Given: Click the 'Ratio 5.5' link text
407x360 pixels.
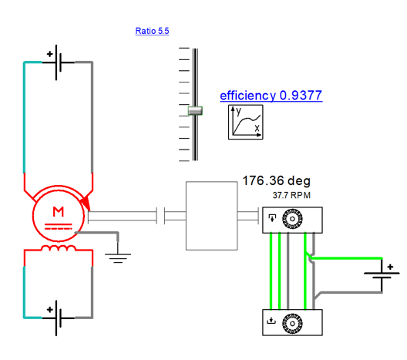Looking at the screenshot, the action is tap(152, 31).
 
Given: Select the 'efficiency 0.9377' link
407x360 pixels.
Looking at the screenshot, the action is tap(271, 96).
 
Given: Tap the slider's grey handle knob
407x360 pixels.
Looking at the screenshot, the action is tap(195, 110).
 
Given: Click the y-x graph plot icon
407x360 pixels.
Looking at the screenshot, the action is tap(246, 122).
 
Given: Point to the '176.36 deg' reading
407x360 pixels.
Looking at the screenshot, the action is tap(276, 180).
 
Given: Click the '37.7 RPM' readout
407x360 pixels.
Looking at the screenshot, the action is tap(291, 195).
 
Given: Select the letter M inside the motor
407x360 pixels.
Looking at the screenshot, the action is tap(58, 212).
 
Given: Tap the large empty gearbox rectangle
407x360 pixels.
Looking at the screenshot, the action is tap(211, 216).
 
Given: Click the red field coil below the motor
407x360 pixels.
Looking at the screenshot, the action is tap(59, 248).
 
